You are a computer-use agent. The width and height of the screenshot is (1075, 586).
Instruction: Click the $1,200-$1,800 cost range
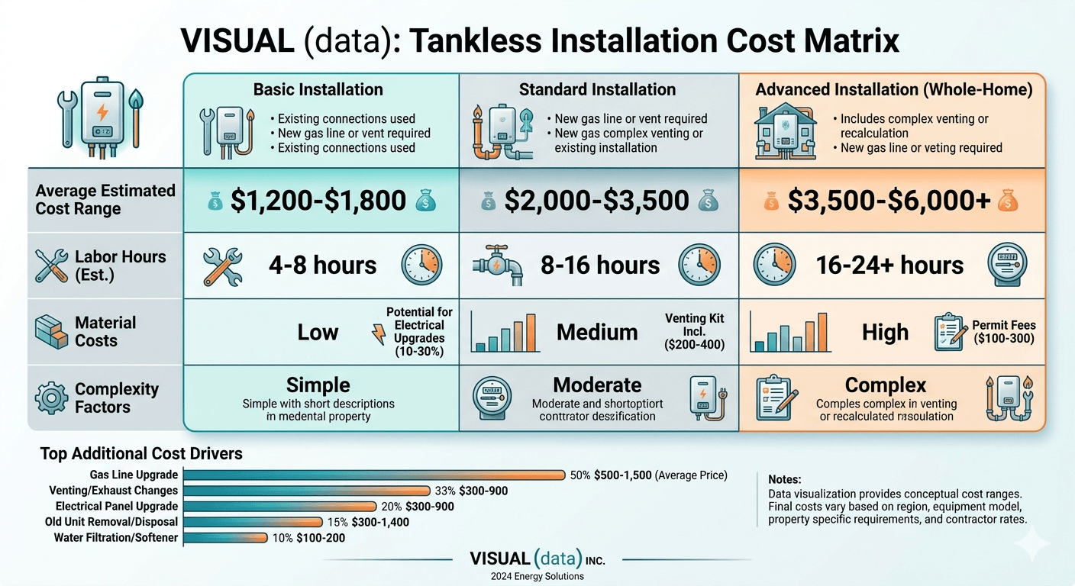[x=318, y=201]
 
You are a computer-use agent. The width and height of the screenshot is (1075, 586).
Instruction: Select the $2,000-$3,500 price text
[x=598, y=201]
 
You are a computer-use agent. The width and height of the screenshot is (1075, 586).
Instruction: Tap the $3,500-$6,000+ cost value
[x=889, y=201]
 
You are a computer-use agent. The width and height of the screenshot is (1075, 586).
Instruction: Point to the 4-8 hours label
[x=322, y=265]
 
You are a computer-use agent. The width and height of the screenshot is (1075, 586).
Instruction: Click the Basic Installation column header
[x=318, y=90]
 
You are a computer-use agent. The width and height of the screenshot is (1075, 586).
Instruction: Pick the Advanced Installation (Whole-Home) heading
[x=894, y=90]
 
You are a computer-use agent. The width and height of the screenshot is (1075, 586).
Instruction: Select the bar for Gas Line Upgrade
[x=374, y=475]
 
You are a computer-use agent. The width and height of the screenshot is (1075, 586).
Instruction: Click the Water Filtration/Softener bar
[x=226, y=538]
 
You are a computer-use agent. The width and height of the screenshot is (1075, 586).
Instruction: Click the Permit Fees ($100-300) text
[x=1003, y=332]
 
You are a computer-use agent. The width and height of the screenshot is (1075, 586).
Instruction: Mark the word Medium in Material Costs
[x=597, y=333]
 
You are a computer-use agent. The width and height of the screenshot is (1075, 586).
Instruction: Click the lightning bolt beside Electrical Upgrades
[x=377, y=333]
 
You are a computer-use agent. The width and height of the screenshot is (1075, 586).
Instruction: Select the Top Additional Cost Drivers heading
[x=141, y=454]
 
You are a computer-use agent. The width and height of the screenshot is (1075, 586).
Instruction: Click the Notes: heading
[x=785, y=480]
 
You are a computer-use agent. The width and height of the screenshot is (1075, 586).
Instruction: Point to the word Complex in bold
[x=886, y=385]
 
